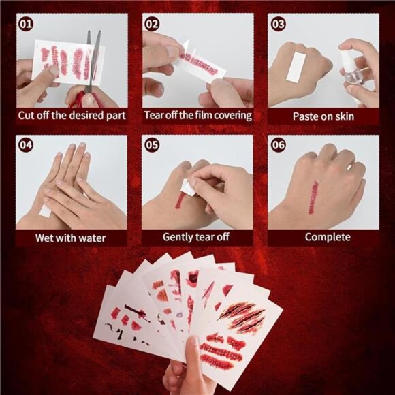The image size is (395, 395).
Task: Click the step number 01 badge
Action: (x=26, y=25)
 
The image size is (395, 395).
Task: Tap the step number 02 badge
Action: (x=152, y=25)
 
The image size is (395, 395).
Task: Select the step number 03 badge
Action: (x=279, y=25)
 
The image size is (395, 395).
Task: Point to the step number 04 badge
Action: (x=26, y=145)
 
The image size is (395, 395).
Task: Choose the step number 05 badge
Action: (x=152, y=145)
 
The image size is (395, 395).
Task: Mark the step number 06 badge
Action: (x=279, y=145)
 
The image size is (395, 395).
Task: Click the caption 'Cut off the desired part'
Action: (x=72, y=116)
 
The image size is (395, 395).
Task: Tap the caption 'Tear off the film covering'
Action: (x=198, y=116)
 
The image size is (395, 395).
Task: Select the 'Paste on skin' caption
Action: (x=323, y=116)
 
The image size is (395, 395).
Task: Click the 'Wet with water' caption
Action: (x=71, y=238)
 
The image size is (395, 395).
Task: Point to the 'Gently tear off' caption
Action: (x=196, y=237)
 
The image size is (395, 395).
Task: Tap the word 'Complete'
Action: (x=328, y=237)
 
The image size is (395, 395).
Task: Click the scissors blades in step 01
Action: (x=93, y=61)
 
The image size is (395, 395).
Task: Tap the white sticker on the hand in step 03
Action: (x=296, y=68)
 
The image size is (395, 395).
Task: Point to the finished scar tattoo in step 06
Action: (x=313, y=197)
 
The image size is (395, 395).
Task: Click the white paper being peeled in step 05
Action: (x=189, y=187)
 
